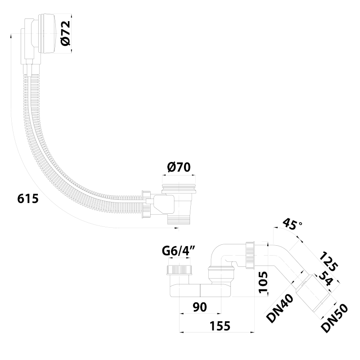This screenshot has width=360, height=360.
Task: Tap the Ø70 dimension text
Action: point(179,168)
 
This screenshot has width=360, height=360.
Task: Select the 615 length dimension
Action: point(27,198)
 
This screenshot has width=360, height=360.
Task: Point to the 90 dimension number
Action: point(200,307)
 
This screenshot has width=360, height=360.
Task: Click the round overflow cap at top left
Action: point(46,34)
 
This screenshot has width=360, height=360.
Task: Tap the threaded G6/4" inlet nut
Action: point(180,270)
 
